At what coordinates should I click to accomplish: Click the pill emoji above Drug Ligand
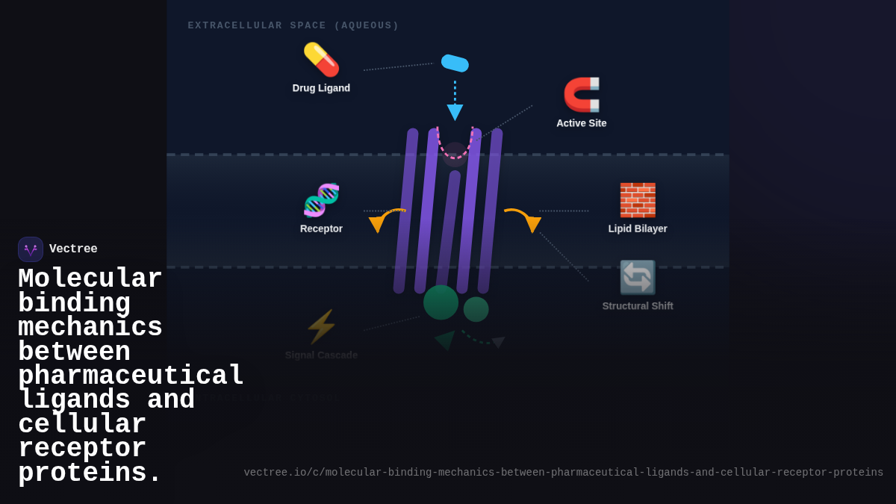click(x=321, y=60)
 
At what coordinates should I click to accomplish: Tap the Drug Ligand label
click(x=321, y=88)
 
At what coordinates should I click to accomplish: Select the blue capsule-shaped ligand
click(x=455, y=63)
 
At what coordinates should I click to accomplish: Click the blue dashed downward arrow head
click(x=455, y=112)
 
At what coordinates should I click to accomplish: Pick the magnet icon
click(x=582, y=95)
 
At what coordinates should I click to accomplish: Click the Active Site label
click(x=582, y=123)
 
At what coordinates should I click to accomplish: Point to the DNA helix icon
click(x=321, y=200)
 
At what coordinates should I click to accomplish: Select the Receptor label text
click(x=321, y=228)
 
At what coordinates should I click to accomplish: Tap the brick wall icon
click(x=638, y=200)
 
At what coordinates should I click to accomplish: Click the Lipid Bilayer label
click(x=638, y=228)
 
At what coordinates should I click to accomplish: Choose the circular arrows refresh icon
click(x=638, y=278)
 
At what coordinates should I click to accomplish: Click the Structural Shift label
click(x=638, y=306)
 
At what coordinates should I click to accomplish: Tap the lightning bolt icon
click(x=321, y=327)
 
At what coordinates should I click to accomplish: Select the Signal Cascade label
click(x=321, y=355)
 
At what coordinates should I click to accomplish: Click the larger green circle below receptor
click(x=441, y=302)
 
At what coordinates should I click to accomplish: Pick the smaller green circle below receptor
click(x=476, y=309)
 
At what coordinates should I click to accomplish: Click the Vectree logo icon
click(x=31, y=249)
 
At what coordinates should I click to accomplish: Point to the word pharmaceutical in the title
click(x=131, y=376)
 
